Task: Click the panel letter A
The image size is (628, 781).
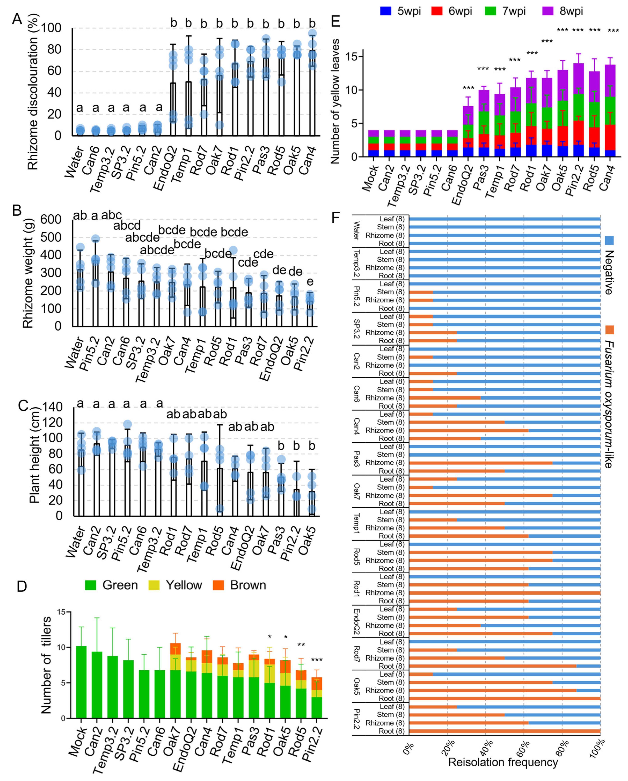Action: point(17,19)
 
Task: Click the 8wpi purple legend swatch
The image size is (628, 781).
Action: point(548,11)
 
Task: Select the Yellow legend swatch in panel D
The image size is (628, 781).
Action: point(154,585)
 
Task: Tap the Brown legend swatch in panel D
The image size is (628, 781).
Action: point(218,585)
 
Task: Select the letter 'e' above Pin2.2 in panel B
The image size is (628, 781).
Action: point(310,281)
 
